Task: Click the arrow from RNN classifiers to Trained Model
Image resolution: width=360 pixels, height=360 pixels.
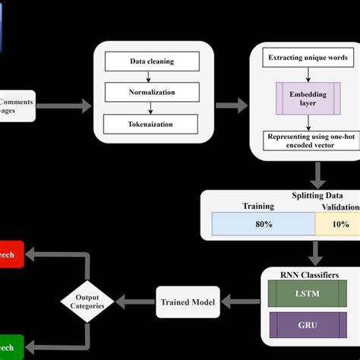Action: [238, 302]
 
